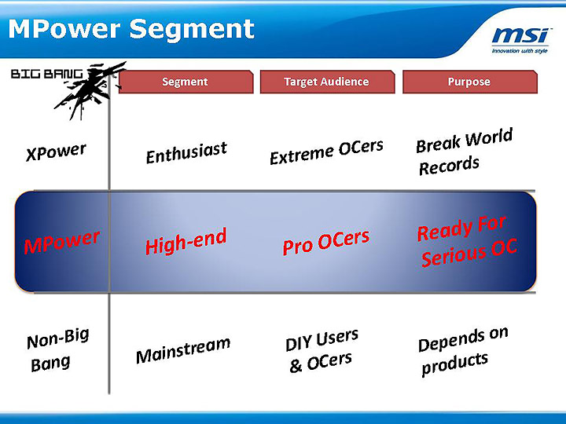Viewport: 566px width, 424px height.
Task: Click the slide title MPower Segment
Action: [131, 29]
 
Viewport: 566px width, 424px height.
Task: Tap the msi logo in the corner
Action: [519, 36]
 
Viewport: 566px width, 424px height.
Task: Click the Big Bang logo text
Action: [46, 75]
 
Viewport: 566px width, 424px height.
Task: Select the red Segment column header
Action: [186, 82]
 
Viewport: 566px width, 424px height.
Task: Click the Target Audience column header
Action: [326, 82]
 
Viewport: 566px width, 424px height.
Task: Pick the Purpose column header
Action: [469, 82]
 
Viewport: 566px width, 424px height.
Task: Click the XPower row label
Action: [56, 152]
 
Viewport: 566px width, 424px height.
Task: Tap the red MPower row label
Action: [62, 242]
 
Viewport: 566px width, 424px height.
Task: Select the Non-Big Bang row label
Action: [57, 350]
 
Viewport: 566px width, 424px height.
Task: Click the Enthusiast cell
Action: [186, 152]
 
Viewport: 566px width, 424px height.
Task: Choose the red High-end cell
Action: [186, 241]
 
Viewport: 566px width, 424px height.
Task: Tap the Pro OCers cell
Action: [325, 242]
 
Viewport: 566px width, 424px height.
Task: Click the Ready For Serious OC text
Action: [465, 242]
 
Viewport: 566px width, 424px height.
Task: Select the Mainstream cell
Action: [183, 350]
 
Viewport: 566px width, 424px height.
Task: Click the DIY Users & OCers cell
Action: [322, 350]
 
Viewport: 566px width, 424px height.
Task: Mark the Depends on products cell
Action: [462, 351]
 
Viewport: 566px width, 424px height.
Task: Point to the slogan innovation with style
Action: [519, 51]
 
